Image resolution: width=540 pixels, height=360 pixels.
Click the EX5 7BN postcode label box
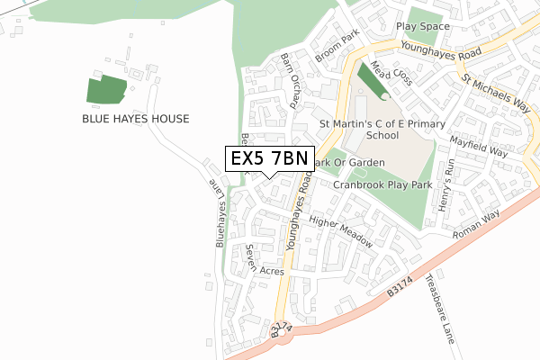tap(268, 158)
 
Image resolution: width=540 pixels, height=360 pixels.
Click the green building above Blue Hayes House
tap(105, 90)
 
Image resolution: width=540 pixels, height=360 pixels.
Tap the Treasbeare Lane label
tap(442, 309)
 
